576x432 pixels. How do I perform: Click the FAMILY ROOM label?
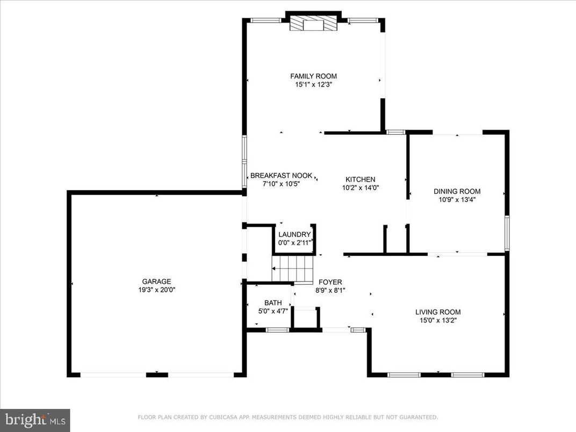click(314, 76)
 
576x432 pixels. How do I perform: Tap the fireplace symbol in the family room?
click(313, 24)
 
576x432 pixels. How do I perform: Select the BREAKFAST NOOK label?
click(282, 176)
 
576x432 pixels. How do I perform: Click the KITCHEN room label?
click(360, 179)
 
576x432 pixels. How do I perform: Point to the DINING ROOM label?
click(457, 191)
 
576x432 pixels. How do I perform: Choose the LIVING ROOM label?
click(438, 312)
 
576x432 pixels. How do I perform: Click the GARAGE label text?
click(156, 282)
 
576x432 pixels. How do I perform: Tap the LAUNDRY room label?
click(294, 235)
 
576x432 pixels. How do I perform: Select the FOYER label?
click(330, 282)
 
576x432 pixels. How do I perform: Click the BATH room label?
click(273, 303)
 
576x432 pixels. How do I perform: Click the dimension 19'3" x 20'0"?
click(156, 290)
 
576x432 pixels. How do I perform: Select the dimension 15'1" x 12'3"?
click(314, 84)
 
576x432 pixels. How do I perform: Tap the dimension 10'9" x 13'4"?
click(457, 199)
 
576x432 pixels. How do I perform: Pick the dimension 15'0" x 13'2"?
click(438, 320)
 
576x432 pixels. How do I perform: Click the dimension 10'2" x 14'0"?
click(360, 188)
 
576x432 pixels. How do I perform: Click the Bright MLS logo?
click(35, 418)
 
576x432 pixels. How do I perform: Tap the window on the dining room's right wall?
click(507, 233)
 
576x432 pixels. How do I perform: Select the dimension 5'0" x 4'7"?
click(273, 311)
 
